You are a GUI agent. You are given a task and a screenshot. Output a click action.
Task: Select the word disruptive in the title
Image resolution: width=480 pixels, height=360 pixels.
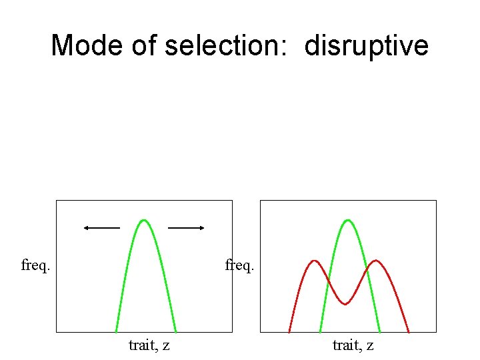pyautogui.click(x=367, y=46)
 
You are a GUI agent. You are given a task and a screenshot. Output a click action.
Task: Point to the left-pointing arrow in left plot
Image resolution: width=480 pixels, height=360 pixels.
pyautogui.click(x=101, y=228)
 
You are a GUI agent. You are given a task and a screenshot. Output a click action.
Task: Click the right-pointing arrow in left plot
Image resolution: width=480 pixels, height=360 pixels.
pyautogui.click(x=186, y=228)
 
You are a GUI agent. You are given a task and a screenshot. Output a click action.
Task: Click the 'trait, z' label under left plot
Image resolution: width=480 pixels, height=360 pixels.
pyautogui.click(x=149, y=345)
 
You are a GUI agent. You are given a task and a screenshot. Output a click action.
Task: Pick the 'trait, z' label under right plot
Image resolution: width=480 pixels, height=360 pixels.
pyautogui.click(x=353, y=345)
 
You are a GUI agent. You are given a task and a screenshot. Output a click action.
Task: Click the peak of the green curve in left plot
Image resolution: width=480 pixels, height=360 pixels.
pyautogui.click(x=144, y=219)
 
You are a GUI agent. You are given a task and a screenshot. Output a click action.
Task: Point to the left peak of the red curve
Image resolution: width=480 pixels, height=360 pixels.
pyautogui.click(x=314, y=261)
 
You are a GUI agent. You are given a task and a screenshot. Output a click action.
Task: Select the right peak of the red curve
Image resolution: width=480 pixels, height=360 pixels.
pyautogui.click(x=377, y=261)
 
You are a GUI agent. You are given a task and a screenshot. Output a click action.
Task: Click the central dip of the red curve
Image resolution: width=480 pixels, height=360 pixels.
pyautogui.click(x=345, y=305)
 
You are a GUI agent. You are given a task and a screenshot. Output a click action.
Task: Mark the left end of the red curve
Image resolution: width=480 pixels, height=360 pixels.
pyautogui.click(x=289, y=331)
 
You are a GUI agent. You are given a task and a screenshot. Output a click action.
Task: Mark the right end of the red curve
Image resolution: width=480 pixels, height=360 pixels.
pyautogui.click(x=408, y=331)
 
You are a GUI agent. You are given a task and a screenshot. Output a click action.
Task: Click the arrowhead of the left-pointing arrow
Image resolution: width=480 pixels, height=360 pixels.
pyautogui.click(x=86, y=228)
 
